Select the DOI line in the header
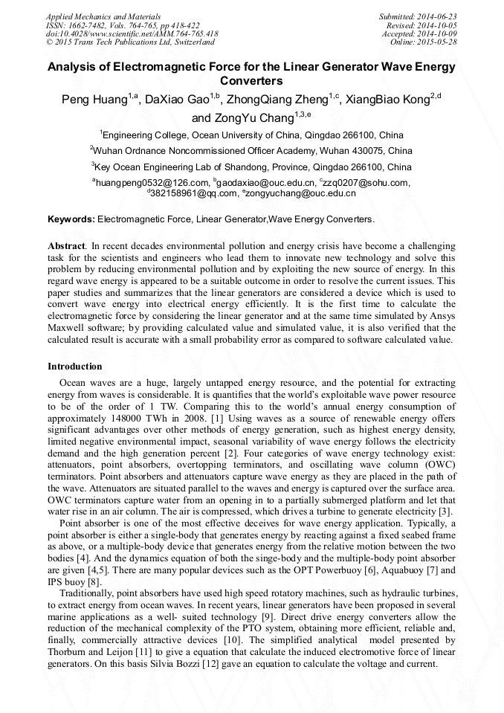[x=132, y=33]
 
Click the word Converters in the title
[x=251, y=80]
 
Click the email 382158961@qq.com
[x=185, y=193]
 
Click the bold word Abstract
[x=66, y=245]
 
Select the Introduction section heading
[x=75, y=366]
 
